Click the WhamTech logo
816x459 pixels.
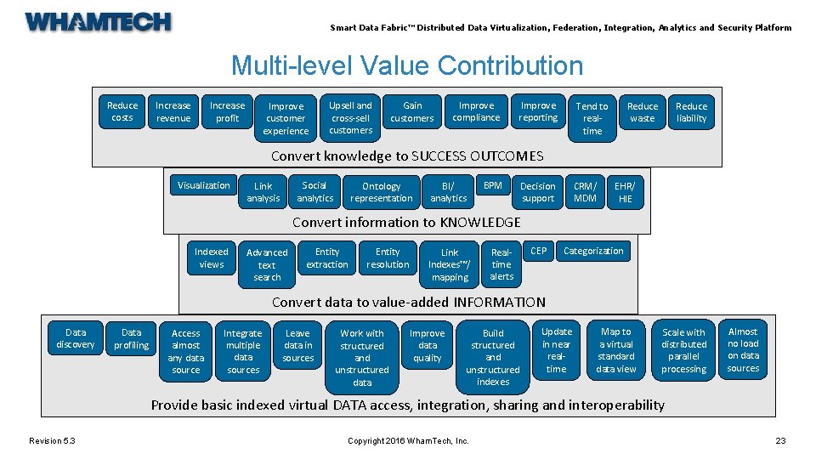[98, 22]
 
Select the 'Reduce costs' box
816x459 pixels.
[122, 111]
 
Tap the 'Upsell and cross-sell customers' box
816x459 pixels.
[351, 117]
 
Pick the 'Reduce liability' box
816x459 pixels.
[691, 112]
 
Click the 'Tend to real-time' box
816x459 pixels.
[592, 118]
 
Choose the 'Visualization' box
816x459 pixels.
[203, 185]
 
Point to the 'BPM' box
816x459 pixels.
[492, 185]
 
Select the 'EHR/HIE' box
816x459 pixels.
[625, 192]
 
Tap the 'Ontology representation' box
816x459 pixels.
[381, 192]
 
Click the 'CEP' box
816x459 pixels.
[539, 251]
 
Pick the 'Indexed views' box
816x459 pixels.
[211, 258]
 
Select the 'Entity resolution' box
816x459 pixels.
[388, 258]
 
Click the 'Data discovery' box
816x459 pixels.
[76, 338]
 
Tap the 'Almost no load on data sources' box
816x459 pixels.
[743, 349]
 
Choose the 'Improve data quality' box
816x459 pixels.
[428, 345]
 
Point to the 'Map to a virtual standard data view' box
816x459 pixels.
[616, 349]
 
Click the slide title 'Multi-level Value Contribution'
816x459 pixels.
[407, 65]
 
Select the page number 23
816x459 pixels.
[780, 439]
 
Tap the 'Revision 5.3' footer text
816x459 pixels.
[52, 439]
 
